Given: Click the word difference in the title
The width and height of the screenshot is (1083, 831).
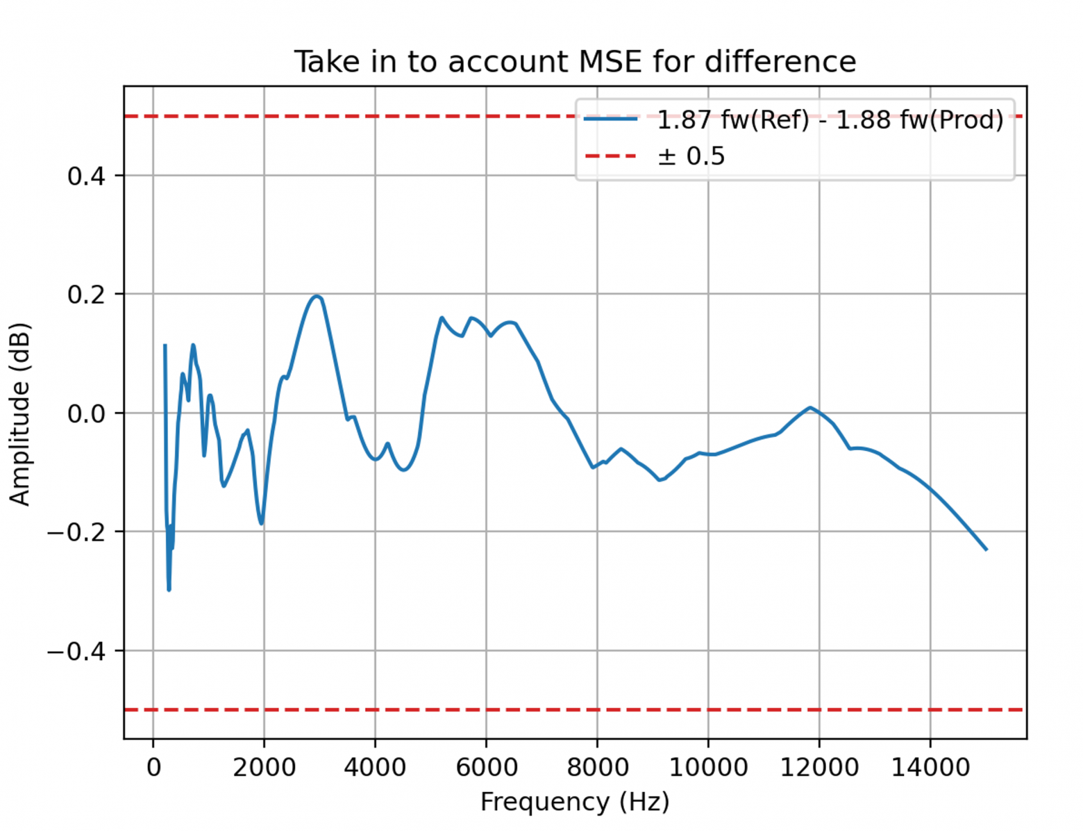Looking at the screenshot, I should [x=780, y=62].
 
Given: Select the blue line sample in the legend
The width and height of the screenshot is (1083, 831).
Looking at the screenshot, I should [x=610, y=120].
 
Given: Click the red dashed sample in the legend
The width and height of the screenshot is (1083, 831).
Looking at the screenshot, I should [x=610, y=156].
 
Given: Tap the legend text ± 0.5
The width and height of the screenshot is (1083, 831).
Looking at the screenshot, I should [x=691, y=156].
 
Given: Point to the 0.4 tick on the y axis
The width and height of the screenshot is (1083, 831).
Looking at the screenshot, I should [x=86, y=176].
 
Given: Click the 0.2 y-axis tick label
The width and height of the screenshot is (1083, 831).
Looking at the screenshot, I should [x=86, y=295].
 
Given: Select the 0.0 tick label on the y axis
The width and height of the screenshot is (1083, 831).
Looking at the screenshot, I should [x=86, y=414].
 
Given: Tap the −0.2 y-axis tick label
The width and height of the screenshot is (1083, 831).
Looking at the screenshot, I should [x=76, y=533].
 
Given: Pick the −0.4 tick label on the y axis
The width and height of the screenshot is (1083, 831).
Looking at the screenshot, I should [x=76, y=652].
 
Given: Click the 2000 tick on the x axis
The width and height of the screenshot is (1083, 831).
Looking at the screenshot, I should [x=265, y=768].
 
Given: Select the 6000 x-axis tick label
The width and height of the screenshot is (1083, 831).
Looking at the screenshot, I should [x=486, y=768].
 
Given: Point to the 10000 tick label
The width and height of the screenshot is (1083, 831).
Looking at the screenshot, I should [x=708, y=768].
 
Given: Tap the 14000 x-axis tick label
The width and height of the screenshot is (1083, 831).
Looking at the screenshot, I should [x=930, y=768].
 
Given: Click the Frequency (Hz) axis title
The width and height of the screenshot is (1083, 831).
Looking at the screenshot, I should [x=575, y=802].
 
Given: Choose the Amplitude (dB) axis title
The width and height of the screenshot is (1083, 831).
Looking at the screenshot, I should [x=20, y=414].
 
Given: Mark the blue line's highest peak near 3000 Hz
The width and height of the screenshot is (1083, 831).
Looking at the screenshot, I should [x=317, y=297].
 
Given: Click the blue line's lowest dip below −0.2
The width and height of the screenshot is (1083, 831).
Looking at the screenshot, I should [x=169, y=589].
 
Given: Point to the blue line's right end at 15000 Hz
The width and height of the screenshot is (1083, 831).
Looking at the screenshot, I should [x=986, y=549].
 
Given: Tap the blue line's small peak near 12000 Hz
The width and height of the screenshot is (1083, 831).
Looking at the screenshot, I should [x=809, y=408].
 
